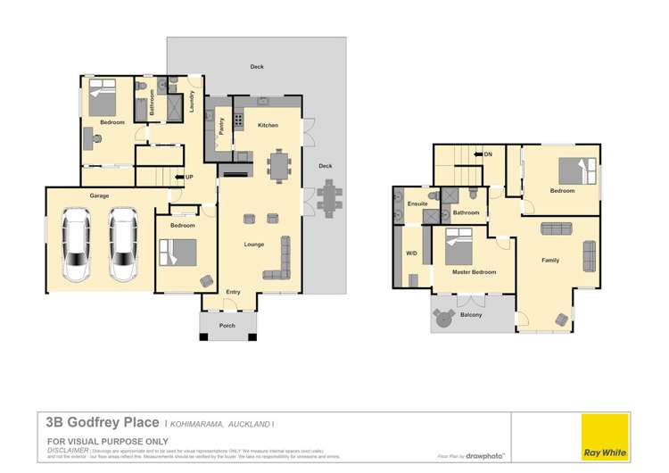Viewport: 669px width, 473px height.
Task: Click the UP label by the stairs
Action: [189, 177]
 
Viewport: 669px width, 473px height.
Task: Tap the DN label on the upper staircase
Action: [488, 154]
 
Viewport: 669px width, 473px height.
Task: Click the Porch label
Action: [227, 326]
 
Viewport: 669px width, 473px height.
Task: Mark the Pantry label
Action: [219, 127]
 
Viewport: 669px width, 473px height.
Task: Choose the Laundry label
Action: [191, 102]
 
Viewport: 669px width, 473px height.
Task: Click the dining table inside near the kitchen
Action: [280, 165]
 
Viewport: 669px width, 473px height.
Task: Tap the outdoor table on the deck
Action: [329, 197]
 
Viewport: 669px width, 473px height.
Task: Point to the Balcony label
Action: [471, 315]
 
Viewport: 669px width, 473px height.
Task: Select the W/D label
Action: [411, 253]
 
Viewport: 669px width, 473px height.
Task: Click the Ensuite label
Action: [417, 204]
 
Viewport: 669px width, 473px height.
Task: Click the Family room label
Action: [550, 260]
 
